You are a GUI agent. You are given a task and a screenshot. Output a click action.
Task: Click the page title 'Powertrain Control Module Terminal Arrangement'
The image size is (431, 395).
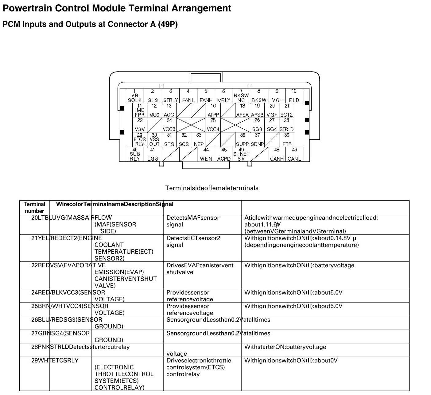point(117,8)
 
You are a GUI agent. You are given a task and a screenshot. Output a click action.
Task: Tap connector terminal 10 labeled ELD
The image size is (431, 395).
point(294,96)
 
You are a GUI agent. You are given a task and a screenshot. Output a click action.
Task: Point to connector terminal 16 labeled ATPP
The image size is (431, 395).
point(213,111)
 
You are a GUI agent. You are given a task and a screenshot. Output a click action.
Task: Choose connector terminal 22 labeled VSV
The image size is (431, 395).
point(140,125)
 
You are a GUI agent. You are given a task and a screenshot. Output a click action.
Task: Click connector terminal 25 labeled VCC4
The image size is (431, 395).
point(213,125)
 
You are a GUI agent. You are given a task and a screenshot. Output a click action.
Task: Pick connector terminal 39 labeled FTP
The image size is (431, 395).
point(287,140)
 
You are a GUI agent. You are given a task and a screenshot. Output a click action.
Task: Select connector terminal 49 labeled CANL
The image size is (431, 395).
point(294,154)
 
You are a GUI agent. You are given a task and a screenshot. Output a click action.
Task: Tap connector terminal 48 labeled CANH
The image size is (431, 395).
point(277,154)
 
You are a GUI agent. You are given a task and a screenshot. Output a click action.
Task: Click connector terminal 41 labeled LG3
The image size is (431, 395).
point(153,154)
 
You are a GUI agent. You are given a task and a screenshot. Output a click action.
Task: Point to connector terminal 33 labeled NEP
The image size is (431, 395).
point(199,140)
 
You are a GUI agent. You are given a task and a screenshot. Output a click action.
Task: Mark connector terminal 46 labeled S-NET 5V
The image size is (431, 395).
point(241,154)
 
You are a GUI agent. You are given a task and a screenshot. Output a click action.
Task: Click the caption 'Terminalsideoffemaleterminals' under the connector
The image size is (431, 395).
point(212,188)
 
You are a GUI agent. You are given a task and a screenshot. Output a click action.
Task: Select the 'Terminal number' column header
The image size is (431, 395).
point(34,207)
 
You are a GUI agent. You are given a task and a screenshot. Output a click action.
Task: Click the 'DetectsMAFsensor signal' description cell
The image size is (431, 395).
point(193,221)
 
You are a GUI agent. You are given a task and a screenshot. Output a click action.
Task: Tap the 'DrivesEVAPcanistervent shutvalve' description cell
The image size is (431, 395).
point(200,269)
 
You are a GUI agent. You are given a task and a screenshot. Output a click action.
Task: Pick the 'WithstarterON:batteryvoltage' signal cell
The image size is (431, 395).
point(285,347)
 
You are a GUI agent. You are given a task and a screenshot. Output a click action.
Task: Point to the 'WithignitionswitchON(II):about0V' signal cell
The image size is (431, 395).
point(291,360)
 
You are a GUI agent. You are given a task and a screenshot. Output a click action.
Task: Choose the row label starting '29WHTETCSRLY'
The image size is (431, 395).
point(55,360)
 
